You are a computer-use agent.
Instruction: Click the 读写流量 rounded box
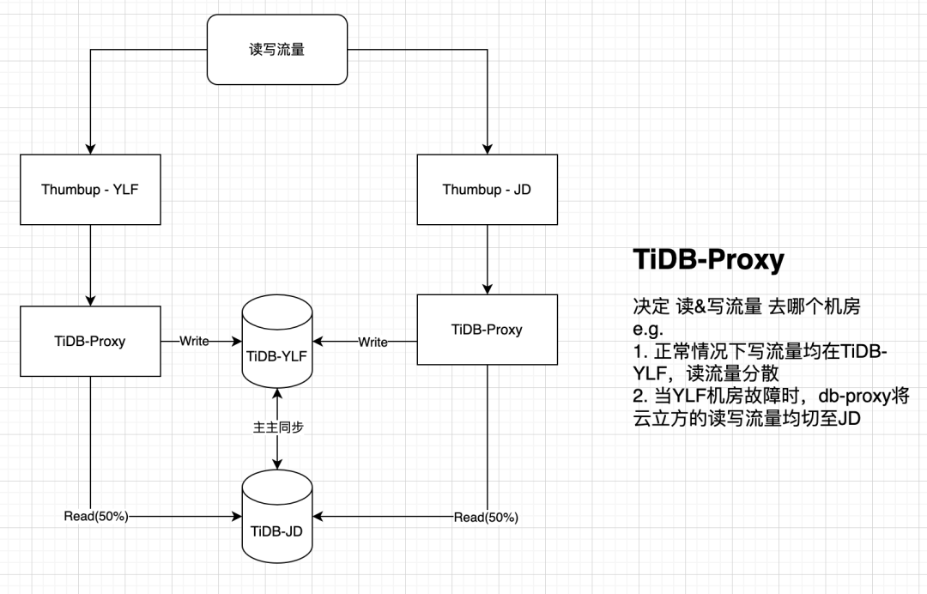tap(277, 49)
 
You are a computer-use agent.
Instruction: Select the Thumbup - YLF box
tap(90, 189)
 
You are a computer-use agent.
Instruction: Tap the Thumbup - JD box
tap(487, 189)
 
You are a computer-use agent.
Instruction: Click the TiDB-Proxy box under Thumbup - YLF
tap(90, 341)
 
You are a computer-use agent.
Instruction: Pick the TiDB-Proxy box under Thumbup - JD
tap(487, 330)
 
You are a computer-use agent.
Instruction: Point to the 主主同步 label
tap(276, 427)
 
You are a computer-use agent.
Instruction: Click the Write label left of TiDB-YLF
tap(194, 341)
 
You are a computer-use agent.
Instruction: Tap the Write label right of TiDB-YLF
tap(373, 342)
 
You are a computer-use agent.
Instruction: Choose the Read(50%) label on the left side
tap(96, 516)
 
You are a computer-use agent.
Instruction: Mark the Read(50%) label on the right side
tap(486, 517)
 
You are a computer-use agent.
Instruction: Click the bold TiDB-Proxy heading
tap(707, 260)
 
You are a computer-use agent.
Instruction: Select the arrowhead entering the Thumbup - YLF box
tap(90, 149)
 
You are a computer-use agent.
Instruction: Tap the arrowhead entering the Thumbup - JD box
tap(487, 149)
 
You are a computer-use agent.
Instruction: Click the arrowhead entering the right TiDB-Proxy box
tap(487, 289)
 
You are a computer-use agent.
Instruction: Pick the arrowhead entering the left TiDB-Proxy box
tap(90, 300)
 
